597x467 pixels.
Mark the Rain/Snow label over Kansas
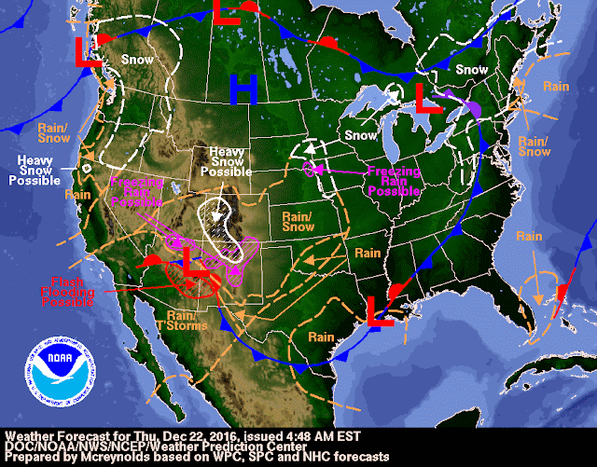tap(301, 221)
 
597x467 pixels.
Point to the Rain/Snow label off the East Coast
tap(535, 145)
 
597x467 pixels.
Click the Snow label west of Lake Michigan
tap(360, 136)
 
